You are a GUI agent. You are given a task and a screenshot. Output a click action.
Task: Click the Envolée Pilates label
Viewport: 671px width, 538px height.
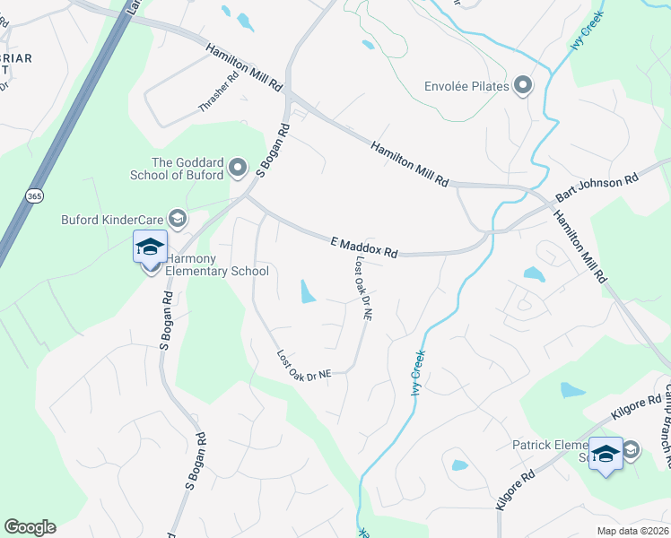click(466, 87)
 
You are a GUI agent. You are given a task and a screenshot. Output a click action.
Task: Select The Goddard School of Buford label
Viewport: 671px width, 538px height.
click(187, 169)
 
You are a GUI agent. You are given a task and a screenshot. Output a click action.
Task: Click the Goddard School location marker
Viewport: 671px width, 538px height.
click(238, 167)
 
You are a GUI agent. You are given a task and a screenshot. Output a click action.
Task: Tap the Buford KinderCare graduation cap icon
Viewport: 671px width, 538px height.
click(177, 218)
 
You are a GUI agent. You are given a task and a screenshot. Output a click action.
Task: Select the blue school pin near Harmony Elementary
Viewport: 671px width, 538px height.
click(150, 247)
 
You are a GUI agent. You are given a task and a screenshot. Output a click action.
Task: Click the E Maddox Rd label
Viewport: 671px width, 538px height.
click(364, 247)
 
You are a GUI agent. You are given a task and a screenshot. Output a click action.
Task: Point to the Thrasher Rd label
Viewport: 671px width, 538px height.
click(220, 92)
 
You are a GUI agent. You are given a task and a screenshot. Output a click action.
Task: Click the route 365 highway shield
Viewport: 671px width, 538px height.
click(34, 195)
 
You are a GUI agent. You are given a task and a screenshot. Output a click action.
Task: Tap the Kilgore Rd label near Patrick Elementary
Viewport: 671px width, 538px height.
click(635, 409)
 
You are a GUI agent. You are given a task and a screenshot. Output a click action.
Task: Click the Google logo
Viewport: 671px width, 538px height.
click(30, 527)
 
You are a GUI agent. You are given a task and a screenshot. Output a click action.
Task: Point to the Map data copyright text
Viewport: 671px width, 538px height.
click(632, 531)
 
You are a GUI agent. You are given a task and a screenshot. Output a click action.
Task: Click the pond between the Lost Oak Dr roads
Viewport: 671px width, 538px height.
click(308, 291)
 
